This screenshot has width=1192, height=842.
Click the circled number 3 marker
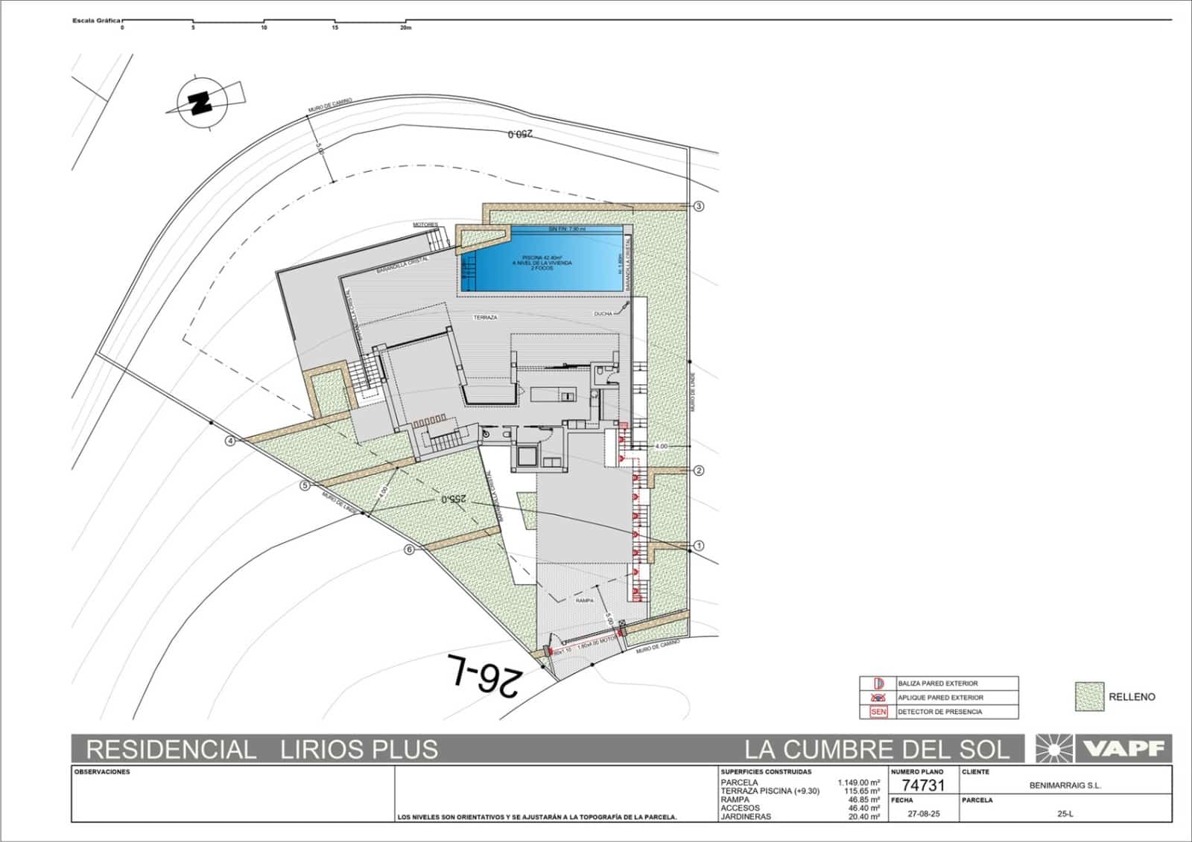[x=699, y=206]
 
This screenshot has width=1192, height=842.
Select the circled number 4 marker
[x=231, y=441]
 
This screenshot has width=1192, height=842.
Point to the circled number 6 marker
[x=409, y=550]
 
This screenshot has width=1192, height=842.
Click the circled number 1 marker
[x=699, y=546]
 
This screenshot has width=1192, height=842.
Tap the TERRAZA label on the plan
[x=485, y=317]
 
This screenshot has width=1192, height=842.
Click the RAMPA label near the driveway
[x=584, y=600]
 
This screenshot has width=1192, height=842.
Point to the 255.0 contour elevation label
[x=454, y=500]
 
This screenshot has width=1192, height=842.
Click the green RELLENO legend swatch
[x=1088, y=697]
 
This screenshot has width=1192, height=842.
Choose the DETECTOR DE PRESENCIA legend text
[x=939, y=712]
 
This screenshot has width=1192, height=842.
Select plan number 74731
[x=922, y=786]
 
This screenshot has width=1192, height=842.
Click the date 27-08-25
[x=923, y=814]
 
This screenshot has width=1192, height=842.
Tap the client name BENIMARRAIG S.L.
[x=1065, y=785]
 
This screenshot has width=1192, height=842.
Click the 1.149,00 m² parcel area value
[x=858, y=782]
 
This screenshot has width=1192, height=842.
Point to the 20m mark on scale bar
[x=405, y=28]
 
